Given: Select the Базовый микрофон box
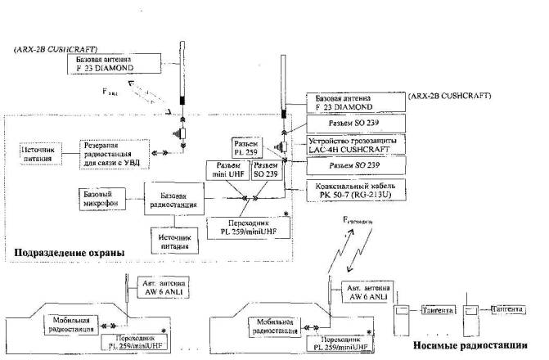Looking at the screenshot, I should click(100, 198).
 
